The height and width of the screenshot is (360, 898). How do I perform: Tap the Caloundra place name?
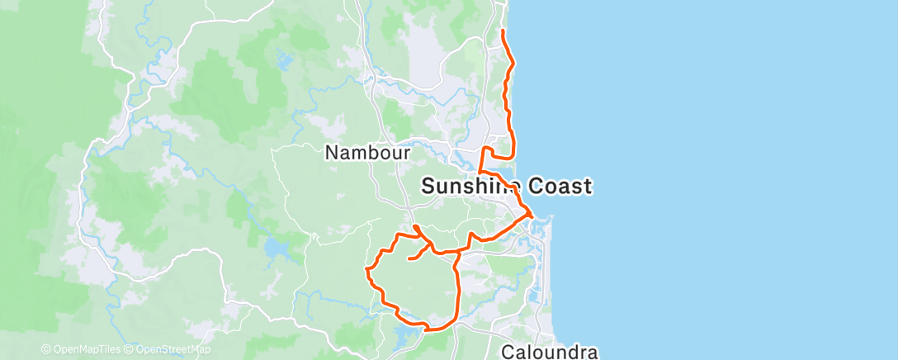(x=550, y=353)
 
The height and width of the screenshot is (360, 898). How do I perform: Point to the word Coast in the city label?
(x=560, y=187)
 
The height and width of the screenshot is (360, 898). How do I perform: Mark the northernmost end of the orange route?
(x=503, y=31)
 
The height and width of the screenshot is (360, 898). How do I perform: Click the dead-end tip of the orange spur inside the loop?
(x=409, y=260)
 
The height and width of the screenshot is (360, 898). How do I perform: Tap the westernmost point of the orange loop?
(x=366, y=268)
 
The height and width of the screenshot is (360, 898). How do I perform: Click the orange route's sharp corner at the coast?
(x=531, y=217)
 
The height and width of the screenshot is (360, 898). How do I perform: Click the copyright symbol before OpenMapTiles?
(x=46, y=350)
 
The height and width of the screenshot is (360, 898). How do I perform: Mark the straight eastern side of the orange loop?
(x=458, y=289)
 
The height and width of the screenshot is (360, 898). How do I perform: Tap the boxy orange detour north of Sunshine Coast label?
(x=499, y=152)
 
